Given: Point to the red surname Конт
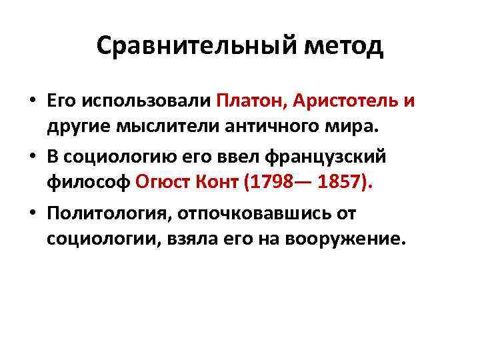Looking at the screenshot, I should click(x=216, y=181).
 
